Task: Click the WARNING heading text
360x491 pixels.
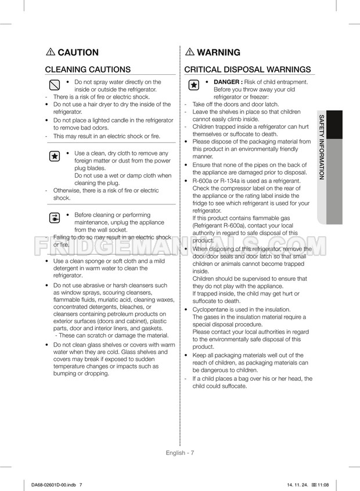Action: (x=218, y=52)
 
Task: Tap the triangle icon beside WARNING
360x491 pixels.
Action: (x=190, y=52)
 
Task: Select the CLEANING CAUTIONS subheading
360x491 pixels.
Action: (x=88, y=70)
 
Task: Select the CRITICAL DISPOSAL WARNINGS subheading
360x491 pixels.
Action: (x=247, y=70)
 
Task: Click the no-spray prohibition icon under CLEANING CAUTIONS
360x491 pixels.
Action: (x=54, y=85)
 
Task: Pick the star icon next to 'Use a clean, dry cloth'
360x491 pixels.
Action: (x=54, y=156)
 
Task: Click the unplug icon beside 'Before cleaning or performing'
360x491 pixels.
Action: (x=54, y=219)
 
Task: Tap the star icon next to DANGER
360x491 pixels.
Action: (x=193, y=85)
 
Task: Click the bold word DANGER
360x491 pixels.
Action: (x=228, y=82)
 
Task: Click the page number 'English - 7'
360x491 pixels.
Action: (x=179, y=452)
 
